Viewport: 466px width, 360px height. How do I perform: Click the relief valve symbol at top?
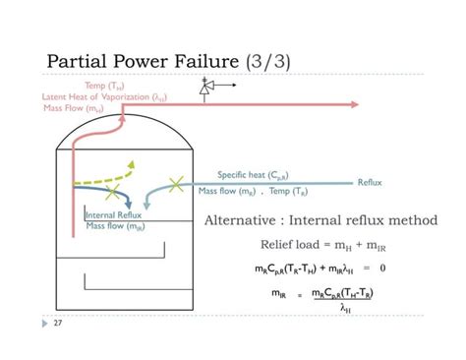click(207, 89)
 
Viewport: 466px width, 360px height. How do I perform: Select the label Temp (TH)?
click(104, 87)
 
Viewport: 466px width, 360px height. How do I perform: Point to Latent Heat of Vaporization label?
click(102, 97)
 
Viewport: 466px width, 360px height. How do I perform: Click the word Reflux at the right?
click(369, 183)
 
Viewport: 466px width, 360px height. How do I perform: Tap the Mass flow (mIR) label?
click(115, 226)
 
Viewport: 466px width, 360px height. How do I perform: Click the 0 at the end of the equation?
click(382, 267)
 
